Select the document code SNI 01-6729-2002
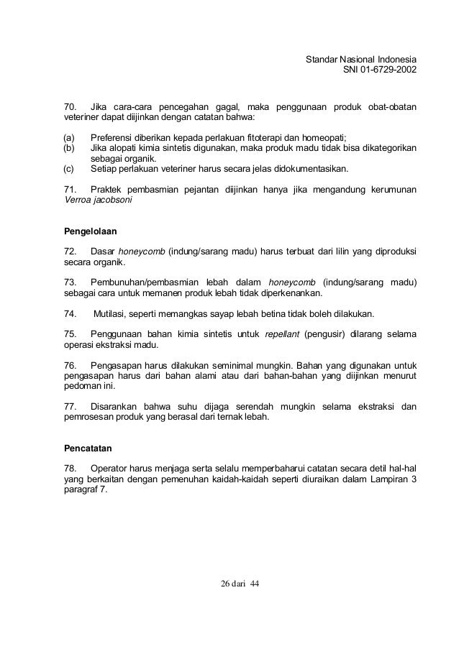coord(381,70)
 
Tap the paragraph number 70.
coord(72,108)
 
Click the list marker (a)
coord(71,138)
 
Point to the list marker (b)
coord(71,149)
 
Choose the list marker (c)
coord(71,170)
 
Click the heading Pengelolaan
coord(91,232)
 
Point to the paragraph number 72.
coord(72,252)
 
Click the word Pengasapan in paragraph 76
coord(115,366)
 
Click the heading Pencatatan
coord(89,448)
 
